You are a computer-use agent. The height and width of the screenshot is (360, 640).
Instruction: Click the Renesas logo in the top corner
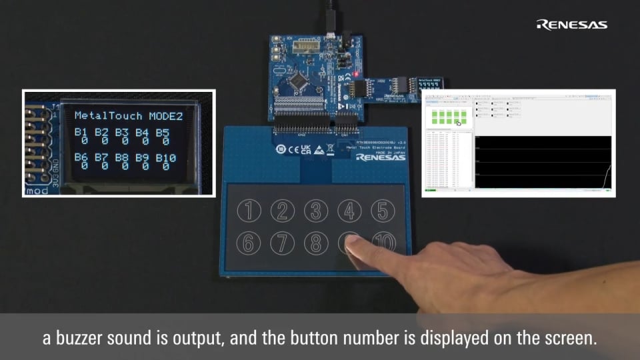pos(572,25)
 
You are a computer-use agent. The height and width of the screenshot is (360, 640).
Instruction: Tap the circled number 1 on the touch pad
pos(249,211)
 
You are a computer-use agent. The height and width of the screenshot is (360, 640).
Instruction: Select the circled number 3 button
pos(316,211)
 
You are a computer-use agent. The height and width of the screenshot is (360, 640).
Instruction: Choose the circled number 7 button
pos(283,243)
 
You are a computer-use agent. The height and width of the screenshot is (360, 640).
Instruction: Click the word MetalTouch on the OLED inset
pos(108,115)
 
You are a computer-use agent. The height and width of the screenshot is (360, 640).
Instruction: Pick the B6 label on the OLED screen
pos(81,157)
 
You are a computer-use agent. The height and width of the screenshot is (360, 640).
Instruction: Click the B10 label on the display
pos(165,157)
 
